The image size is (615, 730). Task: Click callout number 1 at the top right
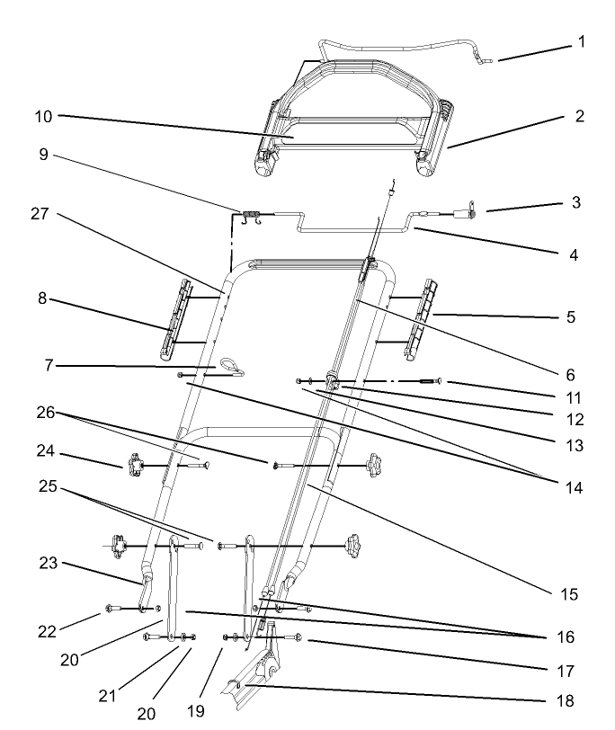pyautogui.click(x=582, y=41)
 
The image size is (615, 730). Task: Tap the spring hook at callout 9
pyautogui.click(x=251, y=213)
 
